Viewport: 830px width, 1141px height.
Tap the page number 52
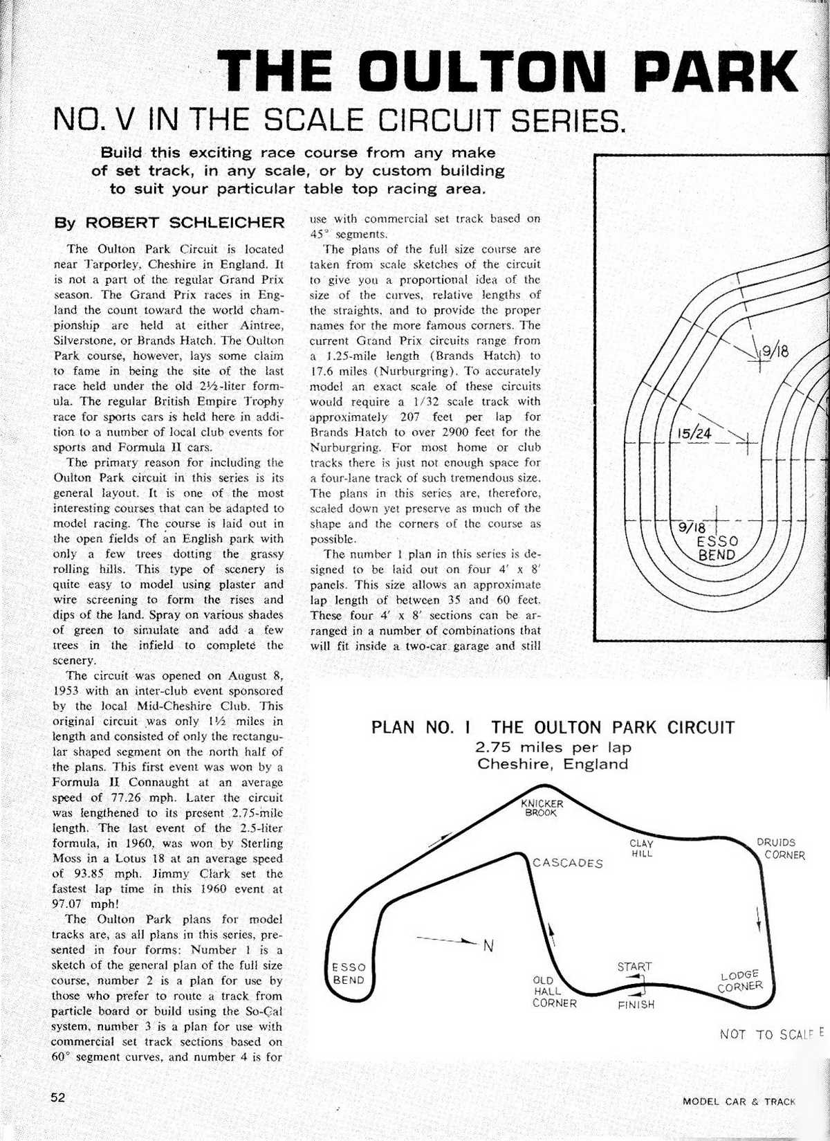pos(57,1097)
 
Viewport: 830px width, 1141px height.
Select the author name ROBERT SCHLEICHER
pos(185,223)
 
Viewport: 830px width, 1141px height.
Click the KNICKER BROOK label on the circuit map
pos(542,808)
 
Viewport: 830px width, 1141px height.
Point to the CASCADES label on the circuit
pos(567,863)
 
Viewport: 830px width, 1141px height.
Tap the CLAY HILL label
pos(641,848)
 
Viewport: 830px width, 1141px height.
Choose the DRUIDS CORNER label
pos(780,848)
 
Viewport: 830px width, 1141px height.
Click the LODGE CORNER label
pos(740,980)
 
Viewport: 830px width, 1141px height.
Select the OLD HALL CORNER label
pos(553,992)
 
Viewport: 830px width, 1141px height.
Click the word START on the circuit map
pos(634,967)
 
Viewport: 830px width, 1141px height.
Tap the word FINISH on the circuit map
pos(636,1004)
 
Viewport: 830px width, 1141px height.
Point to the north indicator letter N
pos(488,946)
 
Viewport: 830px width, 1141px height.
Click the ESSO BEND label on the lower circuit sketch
pos(349,974)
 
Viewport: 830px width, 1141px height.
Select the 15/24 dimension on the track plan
pos(694,434)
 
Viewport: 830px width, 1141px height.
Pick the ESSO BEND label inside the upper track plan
pos(717,547)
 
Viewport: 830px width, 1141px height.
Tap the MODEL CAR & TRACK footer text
pos(739,1101)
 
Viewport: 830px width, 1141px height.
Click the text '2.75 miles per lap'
pos(553,747)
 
